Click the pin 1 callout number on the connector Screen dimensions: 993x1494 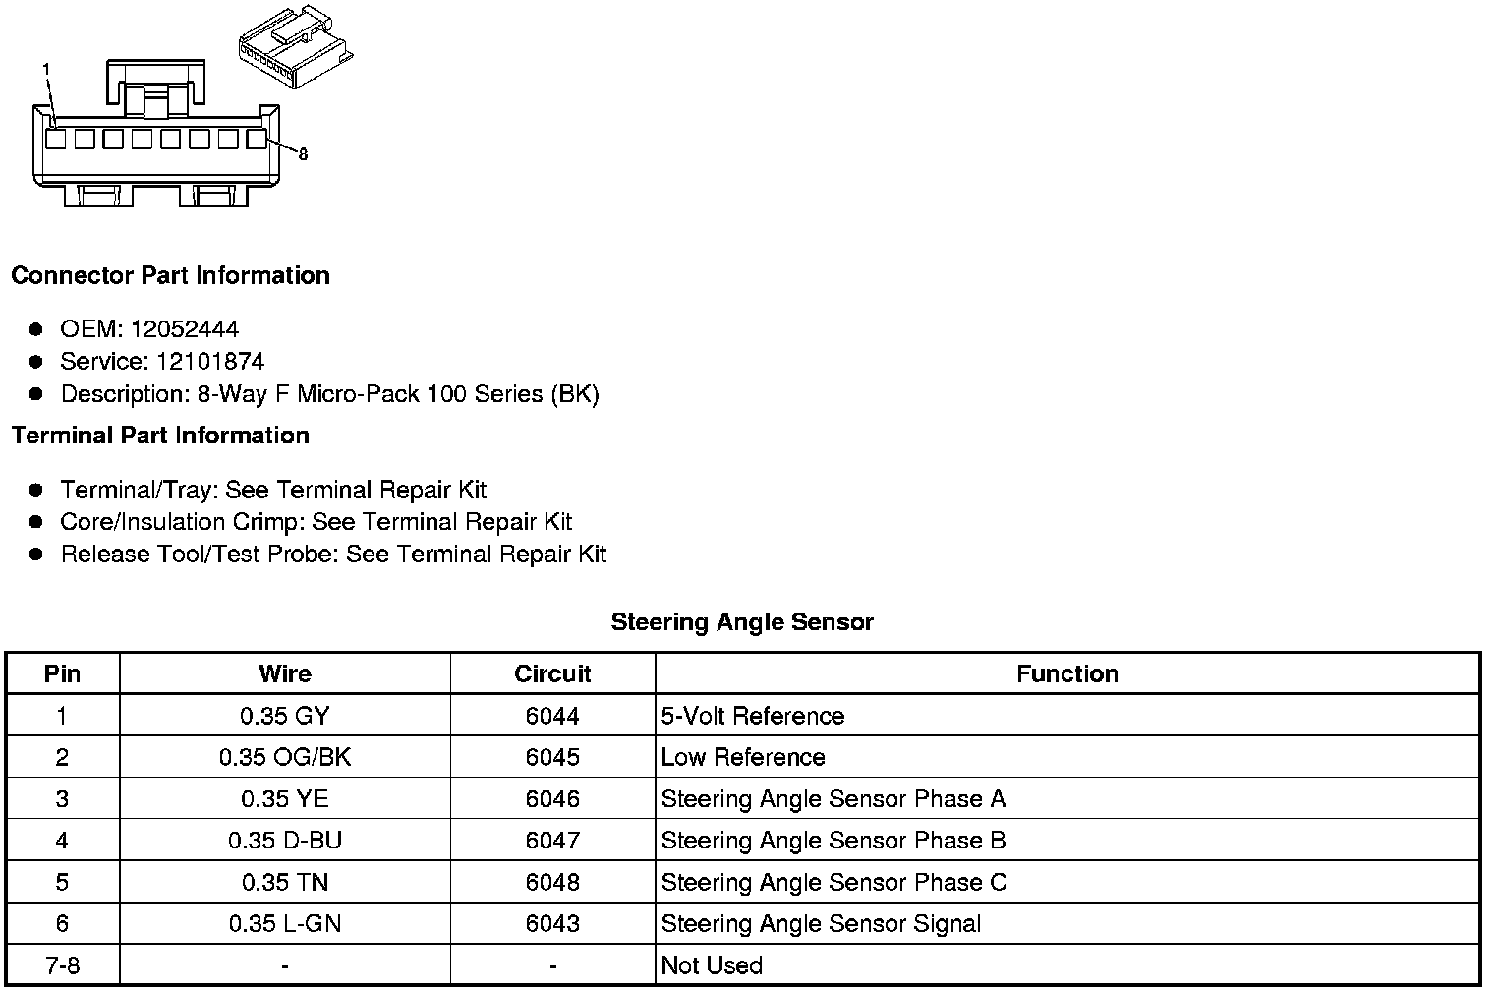pyautogui.click(x=45, y=68)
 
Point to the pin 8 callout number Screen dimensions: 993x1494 pyautogui.click(x=303, y=154)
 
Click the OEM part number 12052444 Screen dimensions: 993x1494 pyautogui.click(x=185, y=329)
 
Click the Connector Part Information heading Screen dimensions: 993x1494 pyautogui.click(x=170, y=276)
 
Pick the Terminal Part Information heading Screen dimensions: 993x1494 pyautogui.click(x=160, y=436)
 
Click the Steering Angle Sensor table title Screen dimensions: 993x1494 pyautogui.click(x=742, y=622)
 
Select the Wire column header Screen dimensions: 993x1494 pyautogui.click(x=285, y=674)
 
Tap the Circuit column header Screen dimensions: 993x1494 pyautogui.click(x=552, y=674)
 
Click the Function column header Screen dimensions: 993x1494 pyautogui.click(x=1067, y=674)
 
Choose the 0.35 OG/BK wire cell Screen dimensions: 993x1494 pyautogui.click(x=285, y=758)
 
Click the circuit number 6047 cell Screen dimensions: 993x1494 pyautogui.click(x=552, y=841)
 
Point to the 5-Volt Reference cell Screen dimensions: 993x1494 pyautogui.click(x=753, y=716)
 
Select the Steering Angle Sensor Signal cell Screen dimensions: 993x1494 pyautogui.click(x=821, y=924)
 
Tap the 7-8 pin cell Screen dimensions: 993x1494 pyautogui.click(x=63, y=965)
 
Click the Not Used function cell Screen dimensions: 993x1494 pyautogui.click(x=712, y=965)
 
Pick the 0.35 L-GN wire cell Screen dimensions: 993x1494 pyautogui.click(x=285, y=924)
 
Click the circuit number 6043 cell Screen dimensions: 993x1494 pyautogui.click(x=552, y=924)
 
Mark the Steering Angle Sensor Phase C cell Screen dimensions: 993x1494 pyautogui.click(x=833, y=882)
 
